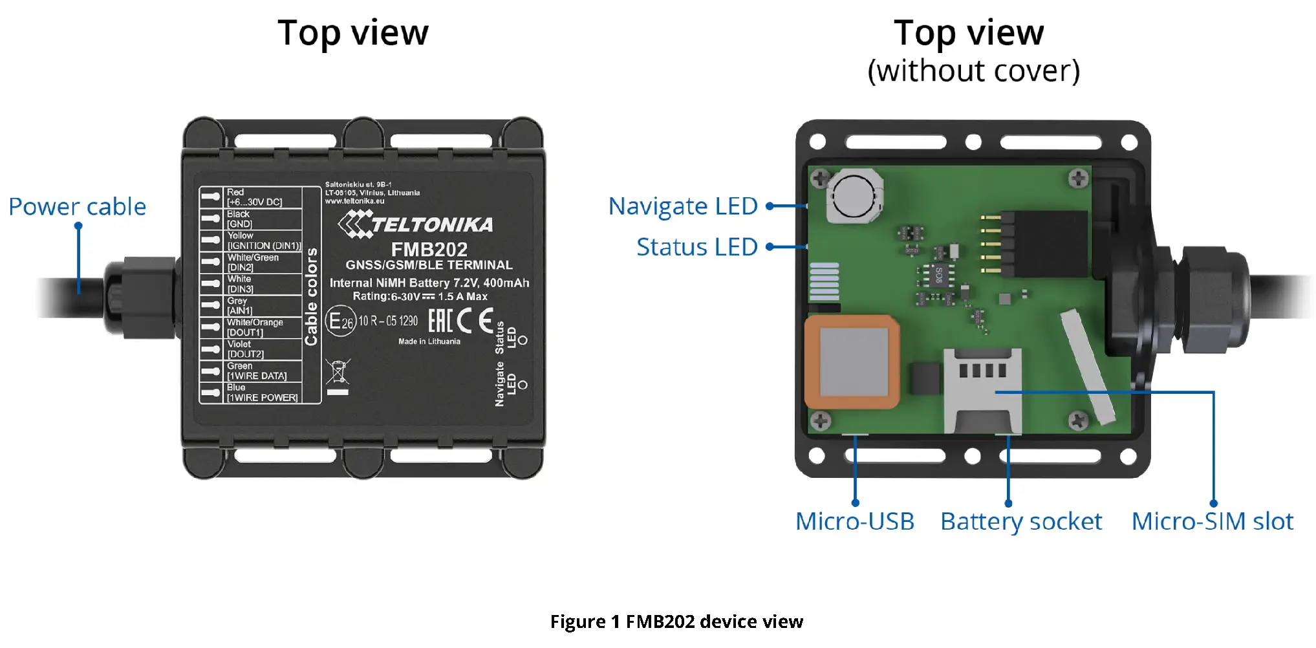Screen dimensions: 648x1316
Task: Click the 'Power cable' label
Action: (77, 207)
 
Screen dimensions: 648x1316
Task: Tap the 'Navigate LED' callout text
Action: (683, 206)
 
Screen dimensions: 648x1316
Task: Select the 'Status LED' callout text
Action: (696, 247)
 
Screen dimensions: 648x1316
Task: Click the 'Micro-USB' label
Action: (854, 521)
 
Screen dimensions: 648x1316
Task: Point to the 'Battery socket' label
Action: (1020, 521)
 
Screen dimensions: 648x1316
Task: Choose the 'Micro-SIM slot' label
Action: (1212, 521)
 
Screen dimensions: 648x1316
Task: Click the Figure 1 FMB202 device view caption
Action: (676, 621)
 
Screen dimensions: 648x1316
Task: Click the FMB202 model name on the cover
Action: (429, 250)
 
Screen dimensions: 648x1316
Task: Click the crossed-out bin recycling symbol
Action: (338, 372)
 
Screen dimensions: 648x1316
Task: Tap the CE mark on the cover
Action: (475, 321)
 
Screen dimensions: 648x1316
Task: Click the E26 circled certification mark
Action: (340, 321)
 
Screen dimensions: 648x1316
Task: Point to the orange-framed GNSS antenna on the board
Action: (852, 362)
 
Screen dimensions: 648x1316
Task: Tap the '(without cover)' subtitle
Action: (973, 71)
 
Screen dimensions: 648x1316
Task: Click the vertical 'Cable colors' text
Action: (312, 296)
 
